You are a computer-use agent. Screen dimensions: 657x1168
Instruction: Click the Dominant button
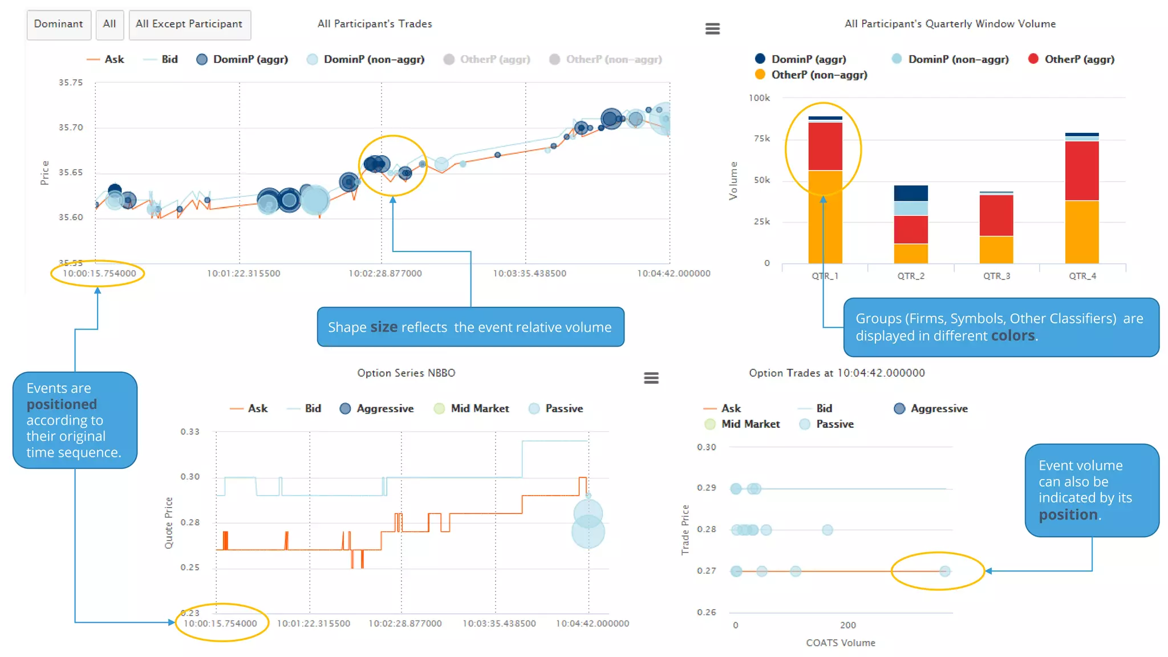[x=58, y=25]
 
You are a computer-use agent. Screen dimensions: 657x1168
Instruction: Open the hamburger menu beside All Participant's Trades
[x=712, y=29]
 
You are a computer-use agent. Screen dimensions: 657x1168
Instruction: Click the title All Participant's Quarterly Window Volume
[x=950, y=24]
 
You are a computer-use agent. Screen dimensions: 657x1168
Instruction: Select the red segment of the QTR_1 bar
[x=825, y=146]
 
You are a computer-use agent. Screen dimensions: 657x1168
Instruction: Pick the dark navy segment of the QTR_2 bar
[x=911, y=193]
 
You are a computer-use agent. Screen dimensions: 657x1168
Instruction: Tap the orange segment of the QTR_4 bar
[x=1082, y=232]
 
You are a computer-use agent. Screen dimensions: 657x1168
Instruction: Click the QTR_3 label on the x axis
[x=996, y=276]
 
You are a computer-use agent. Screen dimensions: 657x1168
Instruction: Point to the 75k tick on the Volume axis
[x=761, y=139]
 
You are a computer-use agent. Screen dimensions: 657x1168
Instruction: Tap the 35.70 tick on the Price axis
[x=71, y=127]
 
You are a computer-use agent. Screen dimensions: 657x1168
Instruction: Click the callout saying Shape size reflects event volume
[x=470, y=327]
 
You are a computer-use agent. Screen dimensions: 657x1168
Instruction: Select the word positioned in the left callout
[x=62, y=404]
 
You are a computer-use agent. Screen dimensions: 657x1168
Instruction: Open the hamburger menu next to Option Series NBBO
[x=651, y=378]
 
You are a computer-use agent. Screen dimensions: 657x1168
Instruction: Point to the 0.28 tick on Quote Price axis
[x=190, y=522]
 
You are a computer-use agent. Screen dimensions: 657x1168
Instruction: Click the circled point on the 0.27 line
[x=944, y=571]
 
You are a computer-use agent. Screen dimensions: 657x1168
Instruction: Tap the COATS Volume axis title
[x=840, y=643]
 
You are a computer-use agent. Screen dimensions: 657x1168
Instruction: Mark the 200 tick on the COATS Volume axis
[x=847, y=625]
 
